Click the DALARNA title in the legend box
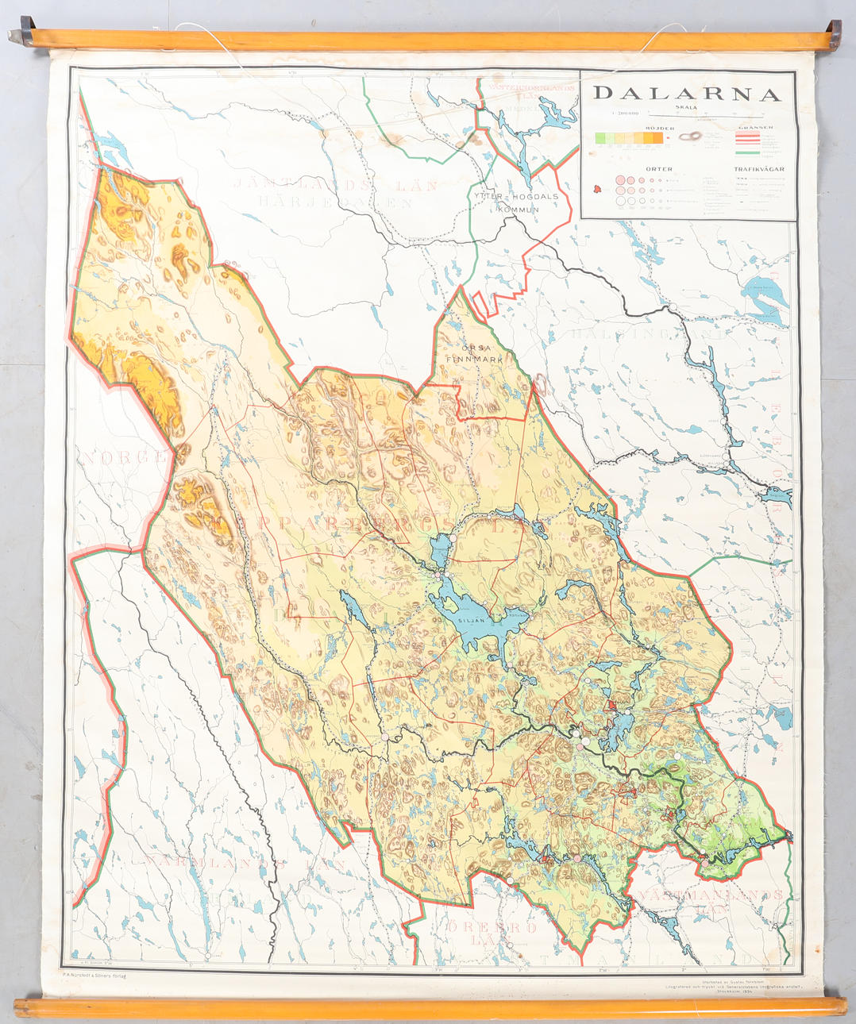click(x=687, y=94)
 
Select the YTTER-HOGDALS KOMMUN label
click(x=516, y=202)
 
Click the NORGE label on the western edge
click(x=127, y=458)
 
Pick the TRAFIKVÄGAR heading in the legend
click(x=758, y=169)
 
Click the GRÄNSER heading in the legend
click(x=755, y=128)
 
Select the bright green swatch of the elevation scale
click(x=602, y=138)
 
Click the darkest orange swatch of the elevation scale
click(x=657, y=138)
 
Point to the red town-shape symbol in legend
click(x=598, y=189)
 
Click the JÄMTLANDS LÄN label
click(x=335, y=186)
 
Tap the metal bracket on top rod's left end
click(x=21, y=36)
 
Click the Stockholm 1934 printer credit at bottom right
click(x=735, y=991)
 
